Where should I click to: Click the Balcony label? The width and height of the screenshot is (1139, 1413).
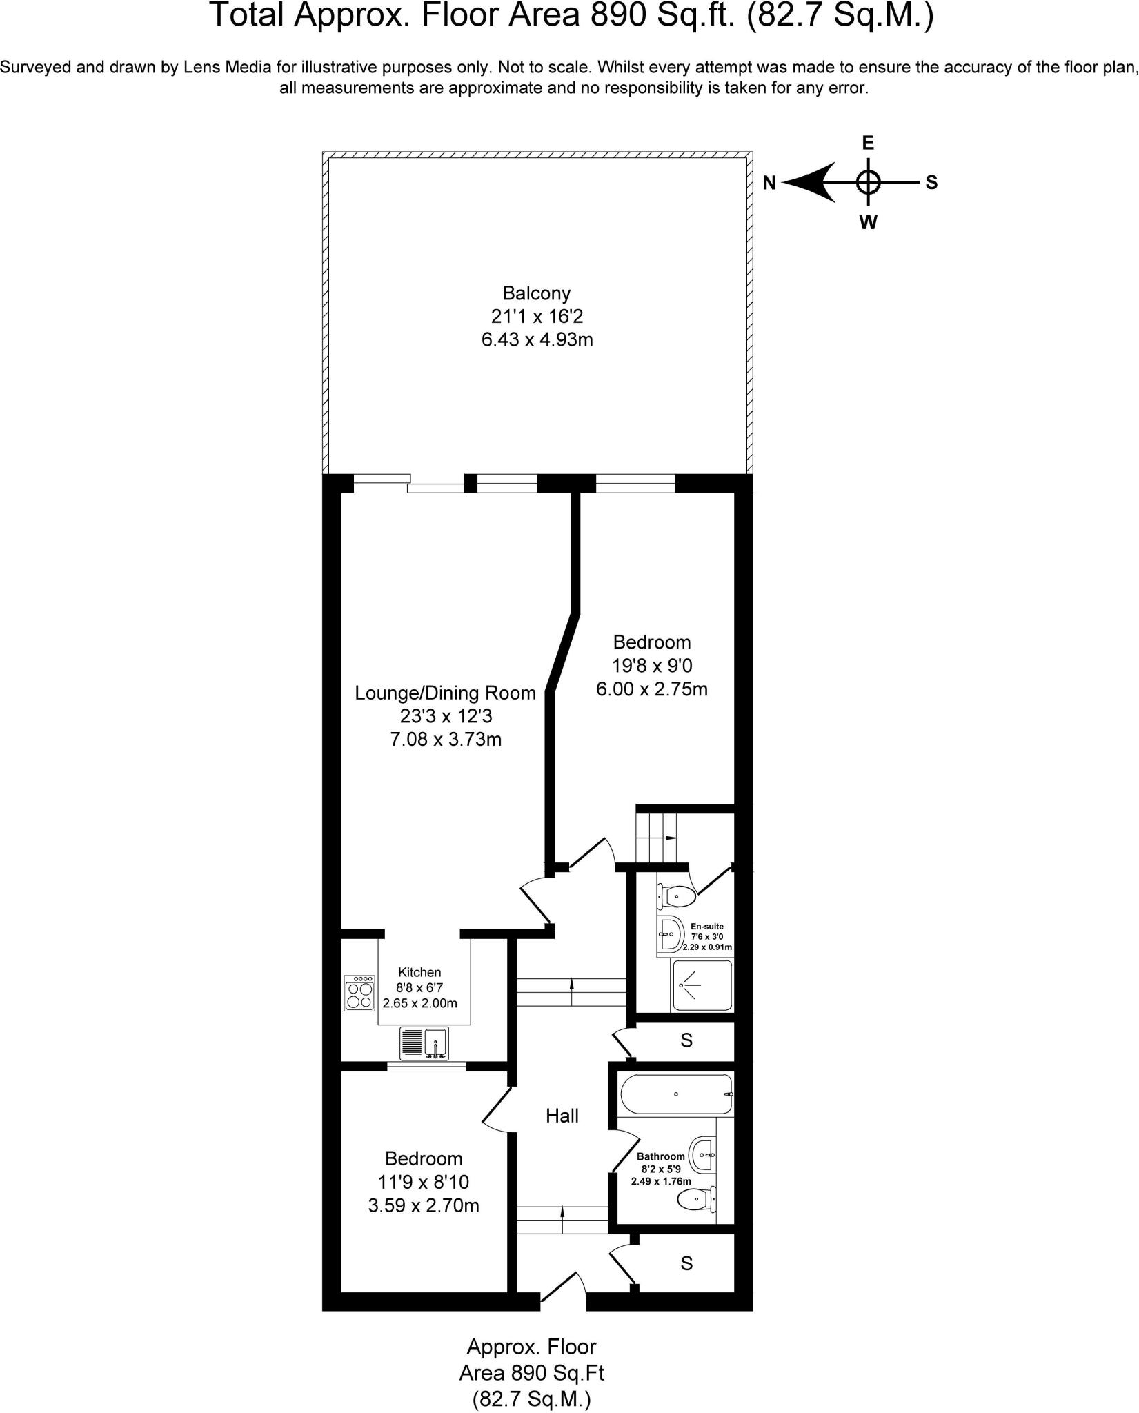[x=536, y=294]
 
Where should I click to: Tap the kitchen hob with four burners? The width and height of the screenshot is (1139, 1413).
[x=359, y=993]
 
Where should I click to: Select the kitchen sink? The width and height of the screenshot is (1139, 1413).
[x=424, y=1043]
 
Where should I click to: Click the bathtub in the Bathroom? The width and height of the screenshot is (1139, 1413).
[x=675, y=1094]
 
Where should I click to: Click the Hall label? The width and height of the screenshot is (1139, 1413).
[x=562, y=1116]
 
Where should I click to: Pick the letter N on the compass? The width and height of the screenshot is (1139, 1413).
[x=770, y=183]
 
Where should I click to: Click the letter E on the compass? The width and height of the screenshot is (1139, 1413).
[x=868, y=143]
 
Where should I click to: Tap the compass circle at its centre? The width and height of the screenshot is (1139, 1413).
[x=868, y=183]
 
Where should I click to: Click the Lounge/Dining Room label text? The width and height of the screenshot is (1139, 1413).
[x=445, y=693]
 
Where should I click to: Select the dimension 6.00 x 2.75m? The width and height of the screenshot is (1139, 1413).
[x=651, y=689]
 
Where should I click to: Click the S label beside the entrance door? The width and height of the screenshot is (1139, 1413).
[x=686, y=1263]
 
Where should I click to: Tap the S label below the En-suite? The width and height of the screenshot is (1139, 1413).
[x=686, y=1040]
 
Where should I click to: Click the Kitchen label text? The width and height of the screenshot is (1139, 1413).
[x=419, y=972]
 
